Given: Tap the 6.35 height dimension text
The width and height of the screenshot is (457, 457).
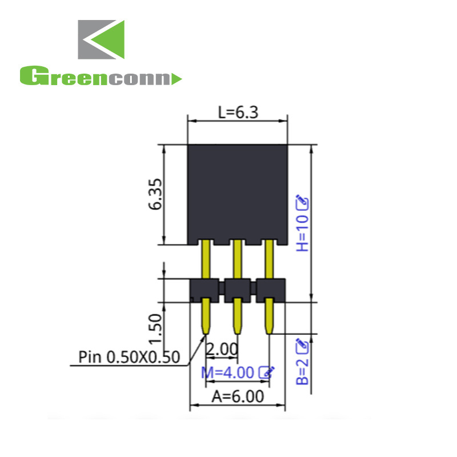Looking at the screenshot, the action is click(155, 195).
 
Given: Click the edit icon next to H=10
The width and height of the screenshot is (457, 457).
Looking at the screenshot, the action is click(302, 201).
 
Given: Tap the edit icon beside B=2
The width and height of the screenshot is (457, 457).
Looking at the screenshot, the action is click(302, 344).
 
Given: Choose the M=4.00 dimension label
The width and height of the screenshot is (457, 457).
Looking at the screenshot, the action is click(227, 372).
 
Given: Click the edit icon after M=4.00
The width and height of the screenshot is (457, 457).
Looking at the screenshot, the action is click(267, 372).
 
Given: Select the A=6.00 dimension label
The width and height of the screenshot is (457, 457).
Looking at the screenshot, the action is click(238, 396).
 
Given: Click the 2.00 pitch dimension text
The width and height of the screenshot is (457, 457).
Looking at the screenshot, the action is click(220, 348).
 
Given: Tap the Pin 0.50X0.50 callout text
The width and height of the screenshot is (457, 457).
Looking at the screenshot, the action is click(130, 358).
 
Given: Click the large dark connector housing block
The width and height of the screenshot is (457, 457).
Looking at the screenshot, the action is click(237, 193).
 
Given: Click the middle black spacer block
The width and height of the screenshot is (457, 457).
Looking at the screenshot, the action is click(238, 289).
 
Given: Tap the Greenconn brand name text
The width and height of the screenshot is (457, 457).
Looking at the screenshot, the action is click(100, 77).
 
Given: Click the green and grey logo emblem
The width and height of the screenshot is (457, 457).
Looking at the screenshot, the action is click(101, 40).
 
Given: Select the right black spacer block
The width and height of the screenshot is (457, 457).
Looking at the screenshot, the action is click(270, 289).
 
